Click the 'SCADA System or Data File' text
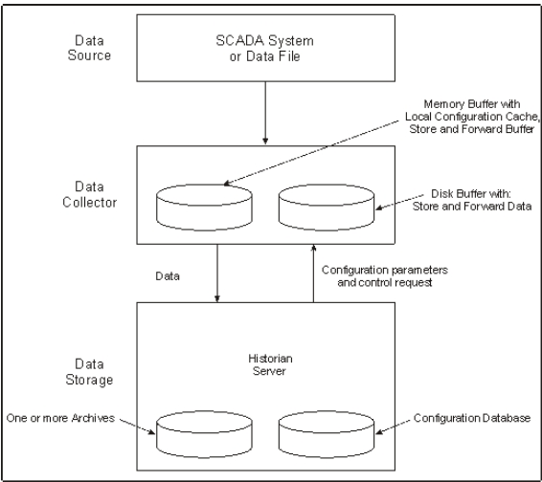pyautogui.click(x=265, y=48)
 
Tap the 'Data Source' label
pyautogui.click(x=89, y=48)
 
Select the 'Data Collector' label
pyautogui.click(x=89, y=194)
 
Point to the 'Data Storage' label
pyautogui.click(x=89, y=372)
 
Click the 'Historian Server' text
pyautogui.click(x=270, y=364)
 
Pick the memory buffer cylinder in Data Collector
pyautogui.click(x=204, y=208)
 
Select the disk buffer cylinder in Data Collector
pyautogui.click(x=327, y=208)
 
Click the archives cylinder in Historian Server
pyautogui.click(x=204, y=434)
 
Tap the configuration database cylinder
pyautogui.click(x=327, y=434)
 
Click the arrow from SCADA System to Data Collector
pyautogui.click(x=265, y=113)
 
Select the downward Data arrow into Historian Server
pyautogui.click(x=217, y=274)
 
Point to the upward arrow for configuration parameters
pyautogui.click(x=313, y=274)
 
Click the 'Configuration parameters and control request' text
pyautogui.click(x=385, y=275)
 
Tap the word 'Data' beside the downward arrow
pyautogui.click(x=168, y=276)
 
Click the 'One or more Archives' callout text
pyautogui.click(x=60, y=418)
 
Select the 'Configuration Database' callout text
pyautogui.click(x=472, y=418)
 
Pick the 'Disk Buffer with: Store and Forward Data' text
pyautogui.click(x=472, y=200)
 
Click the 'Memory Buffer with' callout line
pyautogui.click(x=472, y=104)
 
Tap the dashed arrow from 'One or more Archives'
pyautogui.click(x=137, y=427)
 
